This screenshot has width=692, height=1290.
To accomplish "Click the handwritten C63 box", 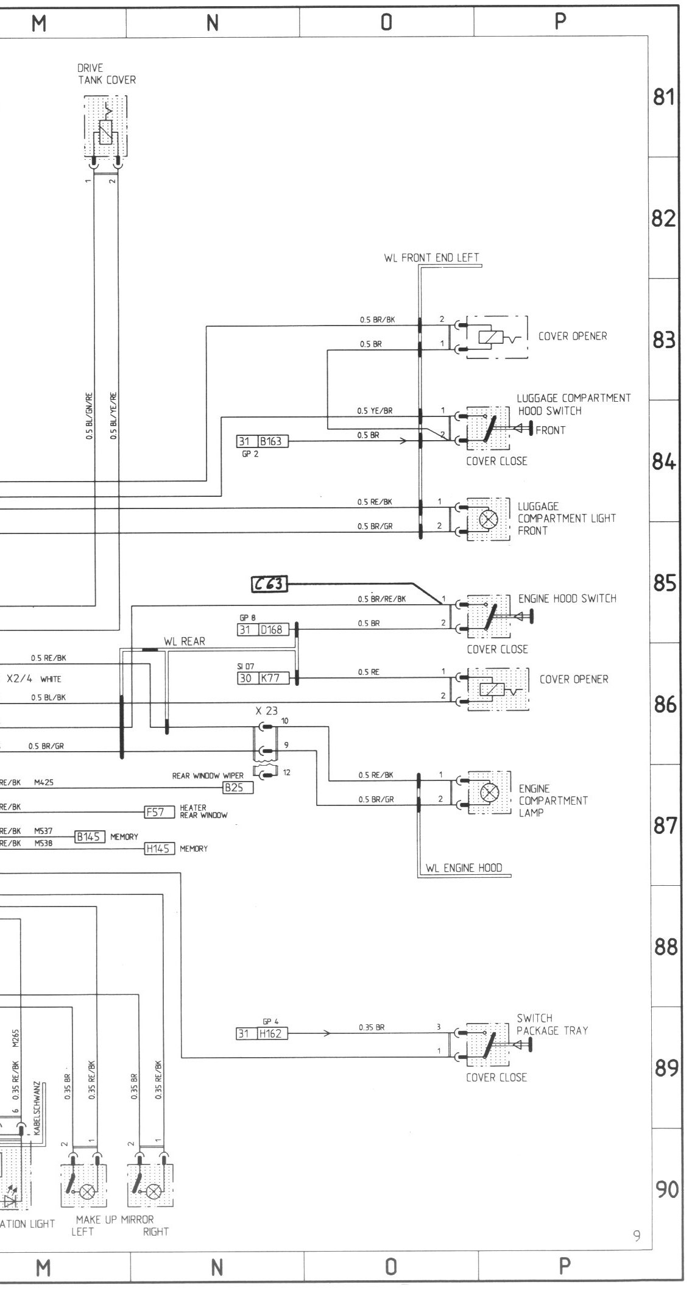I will [269, 584].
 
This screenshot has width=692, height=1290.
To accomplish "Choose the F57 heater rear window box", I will [155, 811].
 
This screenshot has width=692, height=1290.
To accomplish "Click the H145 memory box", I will [160, 848].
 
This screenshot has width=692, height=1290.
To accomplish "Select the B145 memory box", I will [90, 836].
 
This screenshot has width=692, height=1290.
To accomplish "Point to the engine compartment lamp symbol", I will [489, 792].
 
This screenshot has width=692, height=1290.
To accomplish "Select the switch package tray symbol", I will [487, 1043].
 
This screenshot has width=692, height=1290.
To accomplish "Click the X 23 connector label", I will [267, 711].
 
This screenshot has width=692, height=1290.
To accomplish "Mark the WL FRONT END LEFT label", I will [431, 258].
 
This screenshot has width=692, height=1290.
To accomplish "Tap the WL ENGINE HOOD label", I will [464, 868].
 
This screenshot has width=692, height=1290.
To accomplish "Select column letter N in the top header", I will [212, 23].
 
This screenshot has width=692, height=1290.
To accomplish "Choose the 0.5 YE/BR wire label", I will [375, 411].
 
